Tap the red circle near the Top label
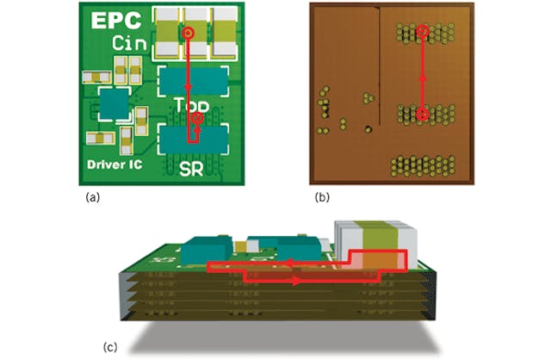tap(198, 118)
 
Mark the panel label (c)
tap(111, 347)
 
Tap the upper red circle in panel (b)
tap(423, 32)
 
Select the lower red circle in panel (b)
tap(423, 114)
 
